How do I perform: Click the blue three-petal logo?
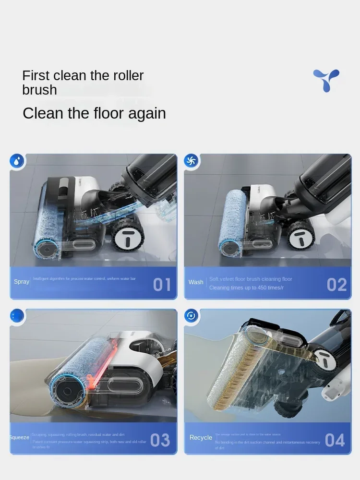pyautogui.click(x=326, y=80)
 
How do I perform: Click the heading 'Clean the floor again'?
pyautogui.click(x=94, y=113)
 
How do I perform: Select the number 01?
pyautogui.click(x=162, y=285)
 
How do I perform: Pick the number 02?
pyautogui.click(x=336, y=285)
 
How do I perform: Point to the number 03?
pyautogui.click(x=160, y=440)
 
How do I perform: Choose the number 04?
pyautogui.click(x=335, y=440)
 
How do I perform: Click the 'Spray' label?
pyautogui.click(x=22, y=282)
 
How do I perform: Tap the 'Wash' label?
pyautogui.click(x=196, y=282)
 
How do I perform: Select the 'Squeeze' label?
pyautogui.click(x=19, y=437)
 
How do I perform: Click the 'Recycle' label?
pyautogui.click(x=201, y=437)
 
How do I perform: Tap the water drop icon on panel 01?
pyautogui.click(x=17, y=161)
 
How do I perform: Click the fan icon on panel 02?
pyautogui.click(x=192, y=161)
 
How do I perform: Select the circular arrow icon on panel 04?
pyautogui.click(x=192, y=316)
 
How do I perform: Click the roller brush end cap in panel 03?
pyautogui.click(x=64, y=392)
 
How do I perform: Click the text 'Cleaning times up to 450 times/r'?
pyautogui.click(x=246, y=288)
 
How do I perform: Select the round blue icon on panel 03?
pyautogui.click(x=17, y=316)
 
